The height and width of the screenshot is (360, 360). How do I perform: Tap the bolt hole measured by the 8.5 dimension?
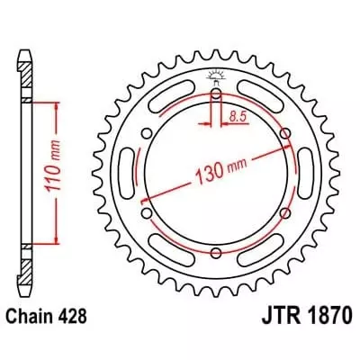point(216,94)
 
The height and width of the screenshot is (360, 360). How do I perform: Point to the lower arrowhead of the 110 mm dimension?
point(59,240)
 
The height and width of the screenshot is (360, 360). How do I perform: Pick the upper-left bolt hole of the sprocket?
point(147,135)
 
